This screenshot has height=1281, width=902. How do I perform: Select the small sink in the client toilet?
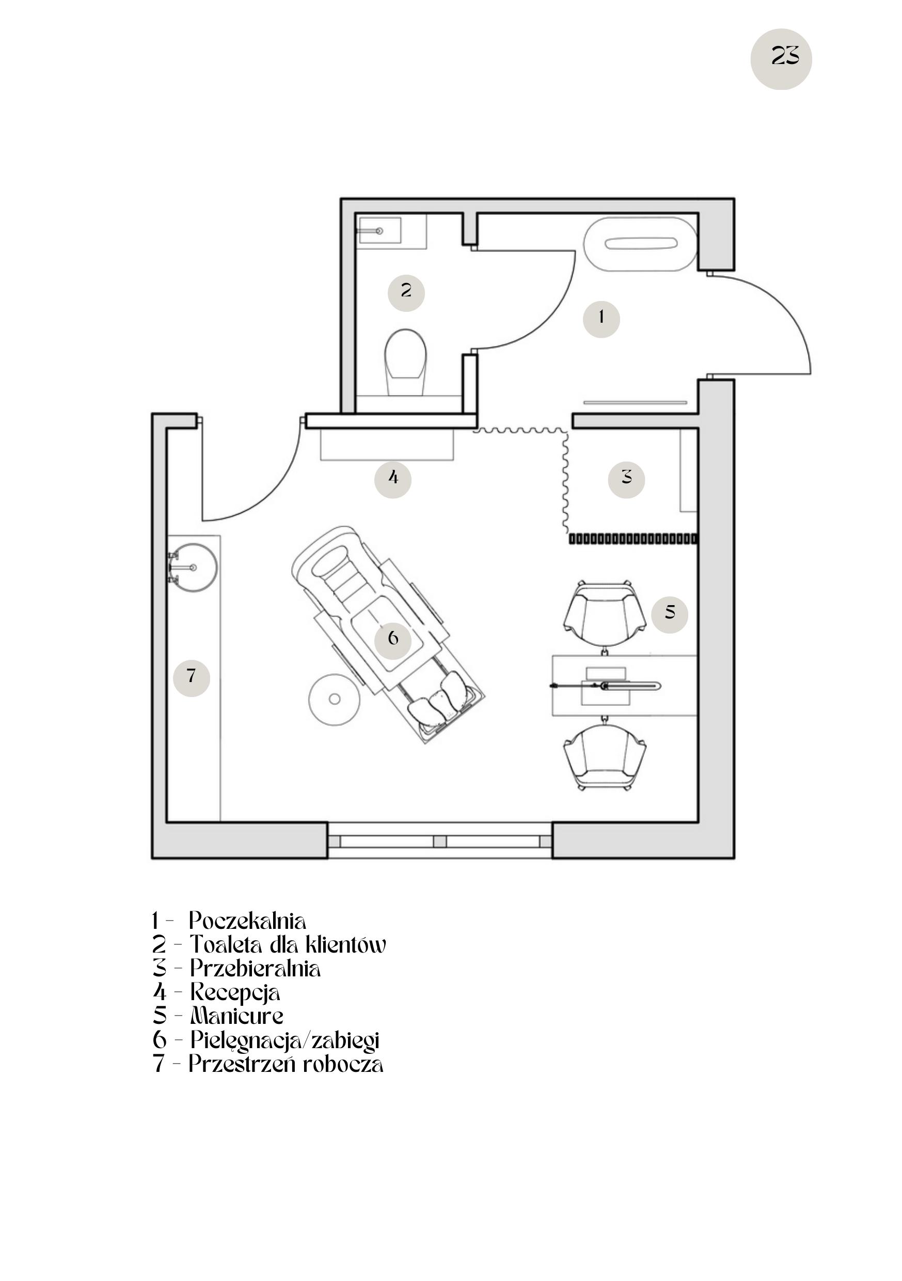point(379,230)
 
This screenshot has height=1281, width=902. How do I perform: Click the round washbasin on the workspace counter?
point(192,567)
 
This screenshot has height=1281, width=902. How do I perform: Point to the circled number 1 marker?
point(601,319)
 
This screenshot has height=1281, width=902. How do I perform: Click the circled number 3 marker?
point(626,478)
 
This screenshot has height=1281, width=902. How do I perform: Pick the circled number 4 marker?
point(393,479)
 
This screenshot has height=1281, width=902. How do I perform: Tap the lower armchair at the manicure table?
point(605,756)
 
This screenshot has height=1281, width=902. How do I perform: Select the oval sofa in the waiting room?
point(640,244)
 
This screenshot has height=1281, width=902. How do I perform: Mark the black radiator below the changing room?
point(632,539)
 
